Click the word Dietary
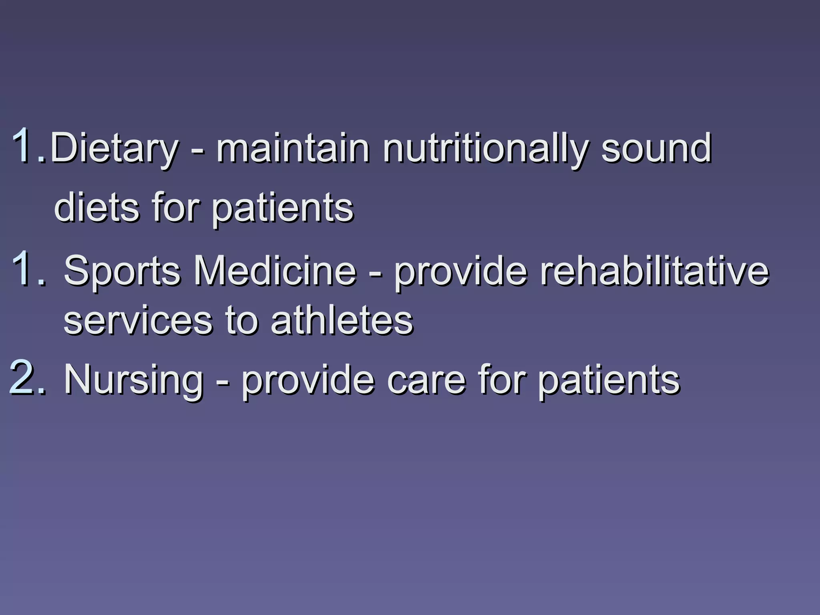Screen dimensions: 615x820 point(114,149)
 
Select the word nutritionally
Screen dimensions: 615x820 point(485,149)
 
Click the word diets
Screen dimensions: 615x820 point(96,207)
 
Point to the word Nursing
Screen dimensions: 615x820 point(134,380)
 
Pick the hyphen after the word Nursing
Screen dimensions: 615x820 point(223,383)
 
